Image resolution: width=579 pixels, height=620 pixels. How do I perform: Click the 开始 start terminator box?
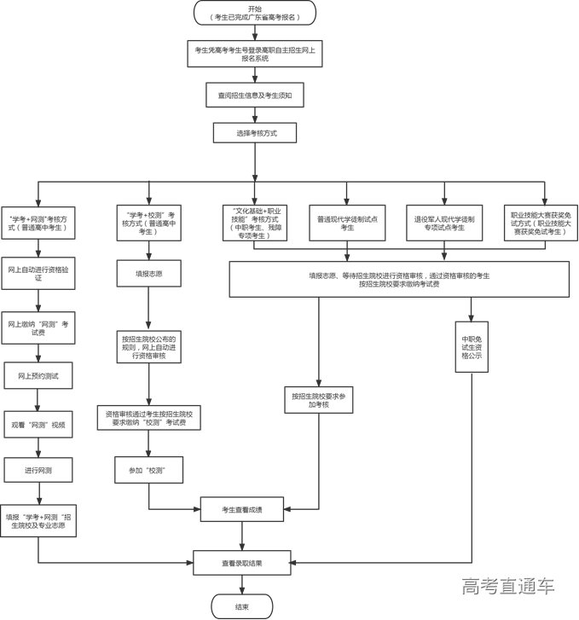254,13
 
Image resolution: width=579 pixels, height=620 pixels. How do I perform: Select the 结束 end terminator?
242,606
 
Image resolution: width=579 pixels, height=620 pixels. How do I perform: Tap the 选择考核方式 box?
254,134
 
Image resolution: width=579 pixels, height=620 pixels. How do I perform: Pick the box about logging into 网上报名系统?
254,54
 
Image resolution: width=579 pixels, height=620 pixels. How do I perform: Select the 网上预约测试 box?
37,375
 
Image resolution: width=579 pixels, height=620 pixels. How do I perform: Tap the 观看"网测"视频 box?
37,423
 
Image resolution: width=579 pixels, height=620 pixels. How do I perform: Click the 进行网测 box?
37,469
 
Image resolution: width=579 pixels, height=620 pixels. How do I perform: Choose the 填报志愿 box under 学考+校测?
149,274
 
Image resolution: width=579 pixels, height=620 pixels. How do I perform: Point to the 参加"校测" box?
149,470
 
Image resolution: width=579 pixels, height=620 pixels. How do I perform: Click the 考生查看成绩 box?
242,510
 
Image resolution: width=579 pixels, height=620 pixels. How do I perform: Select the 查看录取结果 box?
242,563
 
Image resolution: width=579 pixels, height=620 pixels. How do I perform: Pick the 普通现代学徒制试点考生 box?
347,223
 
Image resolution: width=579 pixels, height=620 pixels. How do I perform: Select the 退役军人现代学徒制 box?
444,223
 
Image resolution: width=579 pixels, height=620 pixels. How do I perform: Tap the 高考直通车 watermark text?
508,587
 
